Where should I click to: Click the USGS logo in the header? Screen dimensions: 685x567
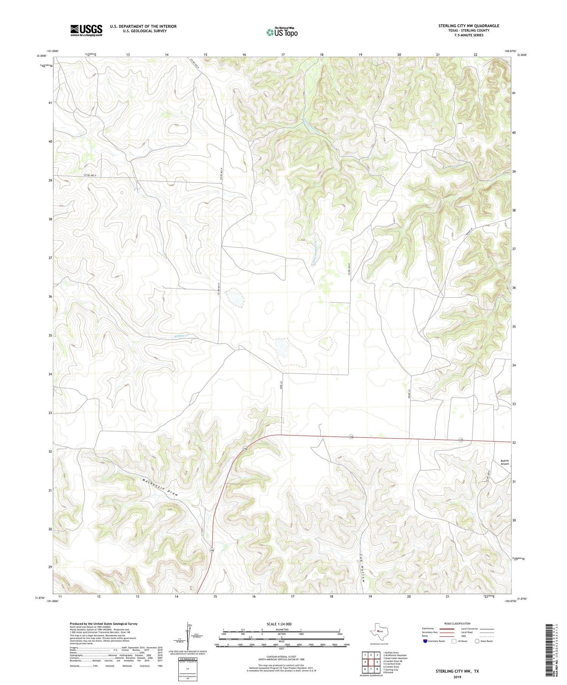pos(86,30)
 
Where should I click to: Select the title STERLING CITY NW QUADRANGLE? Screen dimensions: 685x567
pos(468,26)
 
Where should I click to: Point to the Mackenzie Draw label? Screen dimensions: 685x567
pos(160,487)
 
